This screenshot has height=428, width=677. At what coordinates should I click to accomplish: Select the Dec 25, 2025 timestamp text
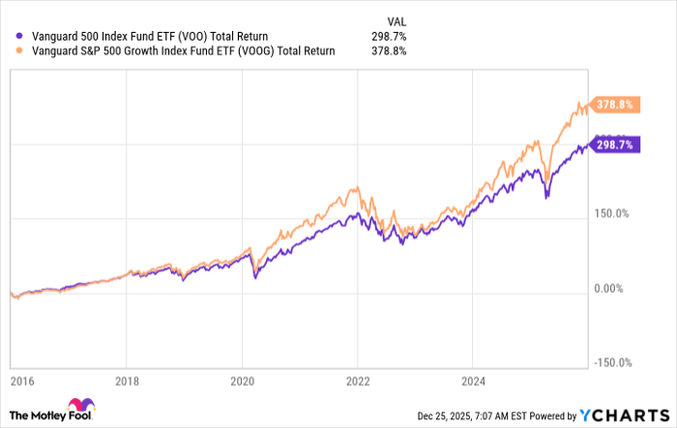(x=500, y=414)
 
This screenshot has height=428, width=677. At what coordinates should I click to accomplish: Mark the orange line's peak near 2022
(x=357, y=186)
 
